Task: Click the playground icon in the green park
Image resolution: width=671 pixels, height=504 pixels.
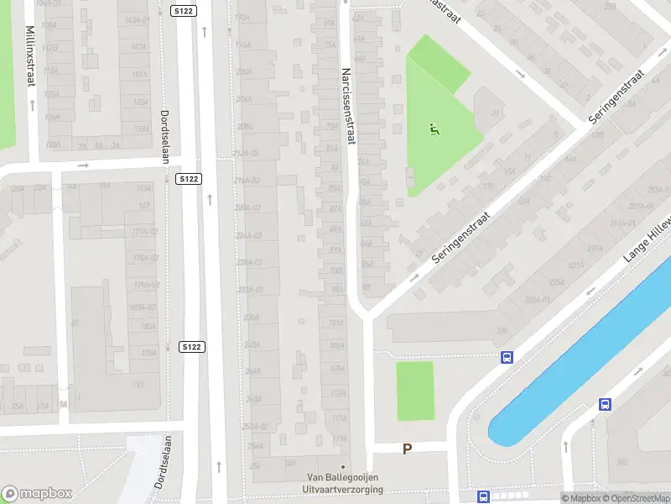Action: pos(434,129)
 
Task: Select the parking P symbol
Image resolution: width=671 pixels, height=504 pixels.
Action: pos(407,449)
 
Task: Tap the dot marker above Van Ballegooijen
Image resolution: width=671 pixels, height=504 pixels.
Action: pos(342,467)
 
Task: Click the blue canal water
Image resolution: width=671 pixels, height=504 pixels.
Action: pos(579,361)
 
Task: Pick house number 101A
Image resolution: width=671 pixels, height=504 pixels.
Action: pos(337,323)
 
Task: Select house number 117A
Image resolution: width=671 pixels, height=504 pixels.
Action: pos(339,417)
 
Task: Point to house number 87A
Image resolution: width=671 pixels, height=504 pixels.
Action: pos(335,208)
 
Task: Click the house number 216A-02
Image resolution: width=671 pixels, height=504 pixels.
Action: pos(247,181)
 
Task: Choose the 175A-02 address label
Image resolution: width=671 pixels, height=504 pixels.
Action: pos(146,258)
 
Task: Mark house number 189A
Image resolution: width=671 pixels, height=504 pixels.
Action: pos(148,354)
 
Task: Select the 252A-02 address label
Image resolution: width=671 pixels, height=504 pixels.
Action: pos(253,426)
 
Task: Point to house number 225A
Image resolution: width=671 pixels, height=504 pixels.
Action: pos(557,283)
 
